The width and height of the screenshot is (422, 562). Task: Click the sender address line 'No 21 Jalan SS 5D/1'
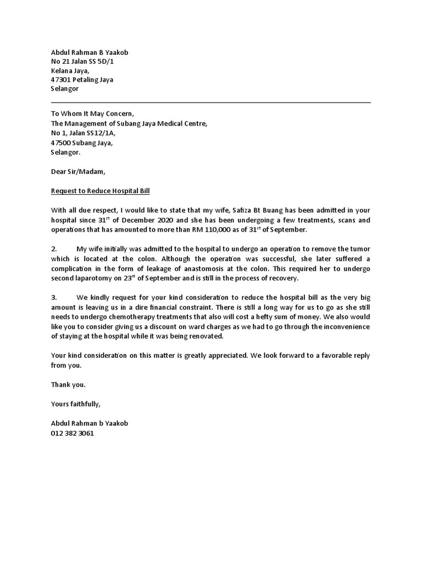click(x=82, y=61)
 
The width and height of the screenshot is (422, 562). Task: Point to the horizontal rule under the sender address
click(x=210, y=102)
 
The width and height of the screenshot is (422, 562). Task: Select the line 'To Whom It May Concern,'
click(x=92, y=114)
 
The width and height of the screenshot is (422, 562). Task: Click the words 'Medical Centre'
click(x=185, y=123)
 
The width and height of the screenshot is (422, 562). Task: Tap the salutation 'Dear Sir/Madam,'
click(x=77, y=172)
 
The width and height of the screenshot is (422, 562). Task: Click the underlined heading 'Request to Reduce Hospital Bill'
click(x=100, y=191)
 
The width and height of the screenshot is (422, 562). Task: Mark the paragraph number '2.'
click(x=54, y=249)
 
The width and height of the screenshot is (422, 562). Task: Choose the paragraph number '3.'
click(x=54, y=297)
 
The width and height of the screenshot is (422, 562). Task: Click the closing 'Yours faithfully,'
click(x=76, y=404)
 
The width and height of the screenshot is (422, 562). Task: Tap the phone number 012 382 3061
click(x=73, y=432)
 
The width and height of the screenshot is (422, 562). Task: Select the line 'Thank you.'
click(x=68, y=385)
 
